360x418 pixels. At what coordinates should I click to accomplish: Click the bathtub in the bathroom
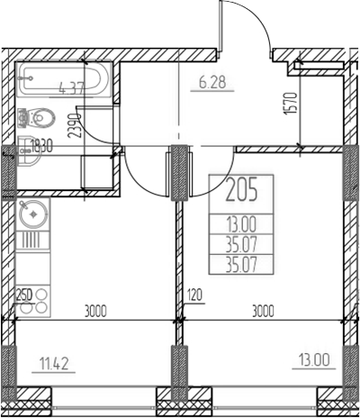coord(64,79)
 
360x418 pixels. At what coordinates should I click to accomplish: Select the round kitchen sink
coord(33,214)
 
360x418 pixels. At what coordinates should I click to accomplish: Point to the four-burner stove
coord(33,301)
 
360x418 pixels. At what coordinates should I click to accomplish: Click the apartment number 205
coord(241,189)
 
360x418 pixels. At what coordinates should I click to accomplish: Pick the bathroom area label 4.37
coord(73,88)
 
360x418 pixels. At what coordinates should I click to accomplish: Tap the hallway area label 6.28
coord(212,82)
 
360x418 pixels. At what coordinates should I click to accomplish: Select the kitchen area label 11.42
coord(54,364)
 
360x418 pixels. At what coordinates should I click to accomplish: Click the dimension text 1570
coord(291,104)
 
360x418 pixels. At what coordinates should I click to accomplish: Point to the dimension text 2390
coord(75,125)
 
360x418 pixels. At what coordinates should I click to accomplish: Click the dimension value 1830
coord(41,147)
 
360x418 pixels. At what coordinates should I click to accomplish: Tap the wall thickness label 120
coord(194,295)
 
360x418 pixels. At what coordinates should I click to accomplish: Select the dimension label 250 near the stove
coord(23,295)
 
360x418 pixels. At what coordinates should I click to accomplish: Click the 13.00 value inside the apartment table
coord(241,224)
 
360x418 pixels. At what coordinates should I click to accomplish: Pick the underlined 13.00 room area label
coord(314,359)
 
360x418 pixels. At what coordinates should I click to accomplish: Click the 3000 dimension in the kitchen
coord(95,311)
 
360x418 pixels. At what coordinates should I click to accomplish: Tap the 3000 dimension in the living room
coord(263,311)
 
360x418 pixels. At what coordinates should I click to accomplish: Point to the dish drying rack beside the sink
coord(32,241)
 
